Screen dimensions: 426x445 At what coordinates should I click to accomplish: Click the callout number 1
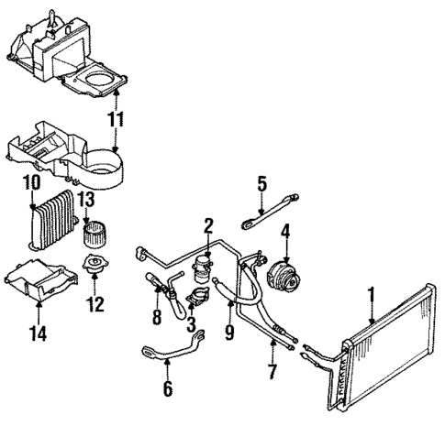coord(372,294)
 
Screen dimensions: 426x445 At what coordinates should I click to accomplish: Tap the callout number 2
coord(208,224)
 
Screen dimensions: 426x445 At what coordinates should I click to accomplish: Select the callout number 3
coord(191,322)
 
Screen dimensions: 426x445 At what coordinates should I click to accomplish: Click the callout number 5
coord(261,183)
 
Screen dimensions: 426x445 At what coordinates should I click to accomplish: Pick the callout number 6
coord(166,388)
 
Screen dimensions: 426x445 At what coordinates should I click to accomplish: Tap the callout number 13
coord(87,200)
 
